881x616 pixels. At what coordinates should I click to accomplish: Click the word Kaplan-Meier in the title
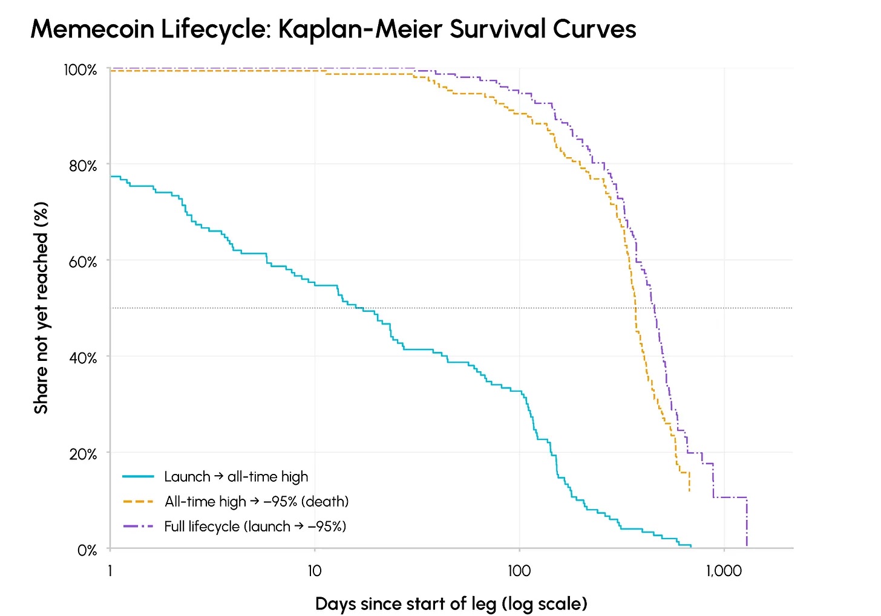coord(361,29)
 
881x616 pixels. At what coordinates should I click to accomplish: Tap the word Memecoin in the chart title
coord(93,29)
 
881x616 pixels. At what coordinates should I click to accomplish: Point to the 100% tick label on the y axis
coord(80,70)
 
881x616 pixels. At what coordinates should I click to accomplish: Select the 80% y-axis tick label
coord(82,166)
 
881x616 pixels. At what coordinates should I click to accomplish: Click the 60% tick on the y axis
coord(82,262)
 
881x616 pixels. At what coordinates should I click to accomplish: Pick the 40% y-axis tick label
coord(82,358)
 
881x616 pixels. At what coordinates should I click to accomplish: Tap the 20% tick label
coord(82,455)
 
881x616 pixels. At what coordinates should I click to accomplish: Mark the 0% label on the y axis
coord(87,550)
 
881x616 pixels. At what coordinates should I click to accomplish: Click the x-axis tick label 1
coord(110,571)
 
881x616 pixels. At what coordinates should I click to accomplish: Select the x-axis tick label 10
coord(315,571)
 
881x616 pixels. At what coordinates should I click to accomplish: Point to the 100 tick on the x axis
coord(519,571)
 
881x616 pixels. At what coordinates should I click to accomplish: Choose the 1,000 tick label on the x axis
coord(724,571)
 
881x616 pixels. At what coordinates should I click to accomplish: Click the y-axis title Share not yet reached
coord(41,308)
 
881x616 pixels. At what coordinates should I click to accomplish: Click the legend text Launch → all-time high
coord(236,477)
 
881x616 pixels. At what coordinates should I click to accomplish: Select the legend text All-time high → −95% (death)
coord(257,502)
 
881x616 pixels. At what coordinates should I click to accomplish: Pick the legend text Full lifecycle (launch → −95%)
coord(255,527)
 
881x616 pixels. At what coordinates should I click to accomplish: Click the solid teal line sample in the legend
coord(138,476)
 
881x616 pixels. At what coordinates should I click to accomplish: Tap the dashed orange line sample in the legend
coord(138,502)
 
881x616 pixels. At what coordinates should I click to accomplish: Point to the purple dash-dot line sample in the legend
coord(138,527)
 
